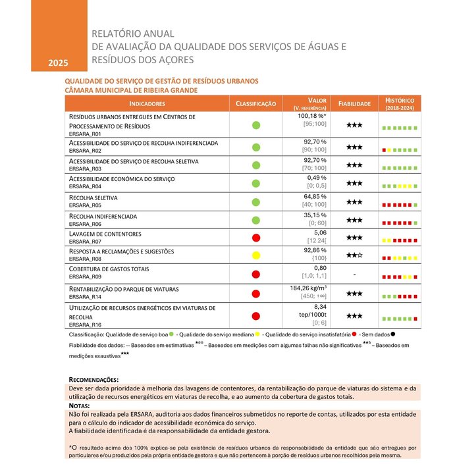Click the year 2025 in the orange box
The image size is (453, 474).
[x=58, y=63]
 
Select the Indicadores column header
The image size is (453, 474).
[x=146, y=104]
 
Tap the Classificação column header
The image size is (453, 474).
[x=256, y=104]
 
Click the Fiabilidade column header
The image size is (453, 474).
[x=355, y=104]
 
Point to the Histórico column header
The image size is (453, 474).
[x=400, y=103]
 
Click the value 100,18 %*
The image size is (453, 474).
[x=313, y=116]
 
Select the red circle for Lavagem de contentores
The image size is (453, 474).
[x=256, y=238]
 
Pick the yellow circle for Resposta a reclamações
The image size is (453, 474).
[x=256, y=255]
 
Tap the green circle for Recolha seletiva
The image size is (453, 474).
[x=256, y=201]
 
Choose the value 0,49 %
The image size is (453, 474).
[x=317, y=178]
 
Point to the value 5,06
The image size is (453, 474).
[x=319, y=232]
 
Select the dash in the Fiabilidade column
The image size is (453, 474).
[x=355, y=274]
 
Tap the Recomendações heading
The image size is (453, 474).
[x=94, y=380]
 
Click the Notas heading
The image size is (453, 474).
[x=79, y=406]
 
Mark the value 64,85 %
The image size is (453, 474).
[x=315, y=196]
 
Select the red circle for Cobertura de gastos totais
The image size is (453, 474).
[x=256, y=274]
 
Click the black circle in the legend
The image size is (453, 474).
[x=393, y=334]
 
